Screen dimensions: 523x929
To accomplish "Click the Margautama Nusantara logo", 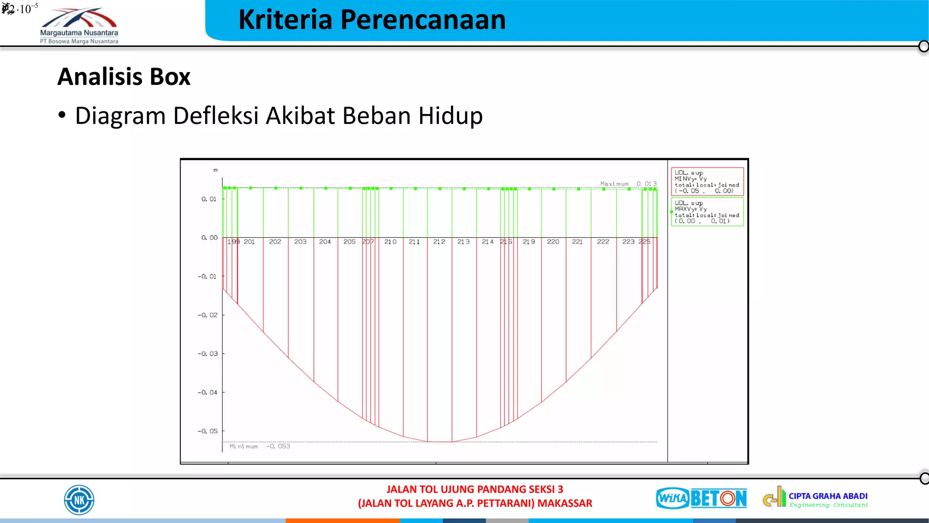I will [x=79, y=25].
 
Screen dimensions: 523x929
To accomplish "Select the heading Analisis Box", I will [x=124, y=77].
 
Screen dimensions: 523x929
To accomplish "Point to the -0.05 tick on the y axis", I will [x=208, y=431].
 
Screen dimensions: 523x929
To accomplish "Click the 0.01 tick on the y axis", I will [x=209, y=199].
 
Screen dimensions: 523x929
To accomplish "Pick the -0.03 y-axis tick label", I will [x=208, y=354].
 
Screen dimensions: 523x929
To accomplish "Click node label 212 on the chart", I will [x=439, y=242].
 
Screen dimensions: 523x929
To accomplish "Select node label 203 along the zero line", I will [x=300, y=242].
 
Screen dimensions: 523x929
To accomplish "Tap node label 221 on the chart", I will [x=577, y=242].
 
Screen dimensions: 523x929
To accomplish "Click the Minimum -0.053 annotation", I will [x=259, y=446].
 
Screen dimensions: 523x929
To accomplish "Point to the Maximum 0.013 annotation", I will [x=628, y=184].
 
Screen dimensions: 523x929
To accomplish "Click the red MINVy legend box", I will [x=707, y=182].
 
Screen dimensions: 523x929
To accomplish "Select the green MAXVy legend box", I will [x=707, y=212].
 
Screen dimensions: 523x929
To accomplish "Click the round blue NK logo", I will [x=79, y=500].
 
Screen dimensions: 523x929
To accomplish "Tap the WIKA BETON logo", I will [x=701, y=498].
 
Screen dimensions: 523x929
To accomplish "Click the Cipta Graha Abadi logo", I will [x=815, y=498].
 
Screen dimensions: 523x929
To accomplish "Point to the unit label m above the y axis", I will [x=215, y=170].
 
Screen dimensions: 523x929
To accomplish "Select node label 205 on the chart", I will [x=349, y=242].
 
